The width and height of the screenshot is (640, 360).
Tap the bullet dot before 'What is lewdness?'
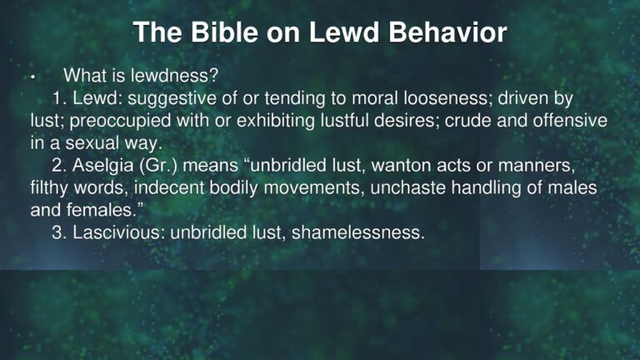pyautogui.click(x=31, y=79)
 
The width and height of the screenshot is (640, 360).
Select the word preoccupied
pyautogui.click(x=107, y=122)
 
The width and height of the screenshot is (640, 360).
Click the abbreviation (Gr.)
pyautogui.click(x=162, y=166)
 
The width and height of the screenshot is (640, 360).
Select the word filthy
pyautogui.click(x=49, y=187)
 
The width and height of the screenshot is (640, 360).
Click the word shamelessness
pyautogui.click(x=368, y=232)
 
